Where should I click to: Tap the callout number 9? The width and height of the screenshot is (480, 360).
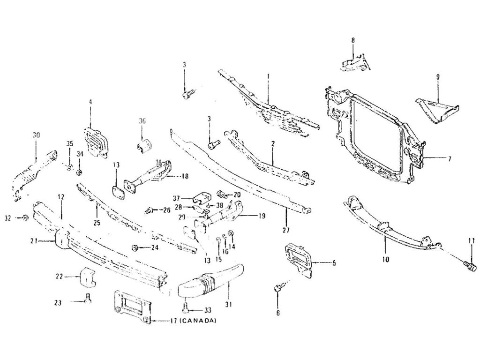tap(437, 76)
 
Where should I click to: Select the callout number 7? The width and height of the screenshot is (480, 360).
tap(450, 159)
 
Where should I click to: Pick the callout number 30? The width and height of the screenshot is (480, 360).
tap(36, 135)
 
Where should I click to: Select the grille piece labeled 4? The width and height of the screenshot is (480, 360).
tap(96, 141)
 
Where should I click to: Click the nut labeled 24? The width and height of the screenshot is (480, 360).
tap(135, 247)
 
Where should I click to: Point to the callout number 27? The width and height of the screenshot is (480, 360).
tap(286, 230)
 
